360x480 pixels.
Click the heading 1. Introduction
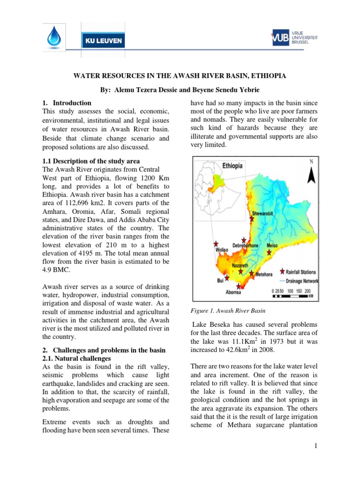[x=67, y=103]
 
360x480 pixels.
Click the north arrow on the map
[x=310, y=176]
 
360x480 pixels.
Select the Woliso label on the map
[x=221, y=250]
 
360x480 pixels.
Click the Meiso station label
[x=272, y=245]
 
